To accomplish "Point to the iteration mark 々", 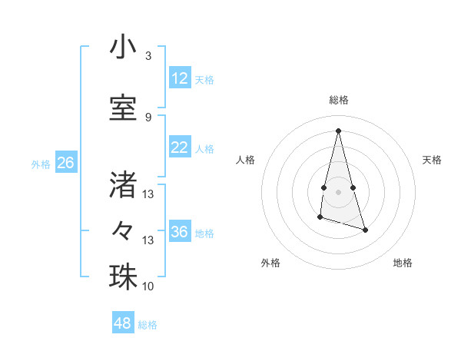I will coord(123,230).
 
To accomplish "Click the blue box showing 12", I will coord(180,79).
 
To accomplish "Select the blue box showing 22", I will coord(180,148).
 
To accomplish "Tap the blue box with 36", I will coord(180,232).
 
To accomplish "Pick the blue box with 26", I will coord(66,163).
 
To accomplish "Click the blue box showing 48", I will coord(123,323).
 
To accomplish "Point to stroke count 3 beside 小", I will coord(148,56).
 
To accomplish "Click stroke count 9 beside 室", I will coord(148,117).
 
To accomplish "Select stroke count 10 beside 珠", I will coord(148,286).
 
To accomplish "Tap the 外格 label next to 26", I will coord(41,164).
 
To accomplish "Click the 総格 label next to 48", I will coord(148,324).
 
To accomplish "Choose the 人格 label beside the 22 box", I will coord(204,149).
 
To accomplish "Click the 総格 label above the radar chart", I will coord(339,100).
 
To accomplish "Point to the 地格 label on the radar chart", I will coord(403,263).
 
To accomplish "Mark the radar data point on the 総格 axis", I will coord(338,130).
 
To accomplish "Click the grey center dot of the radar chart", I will coord(339,190).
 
